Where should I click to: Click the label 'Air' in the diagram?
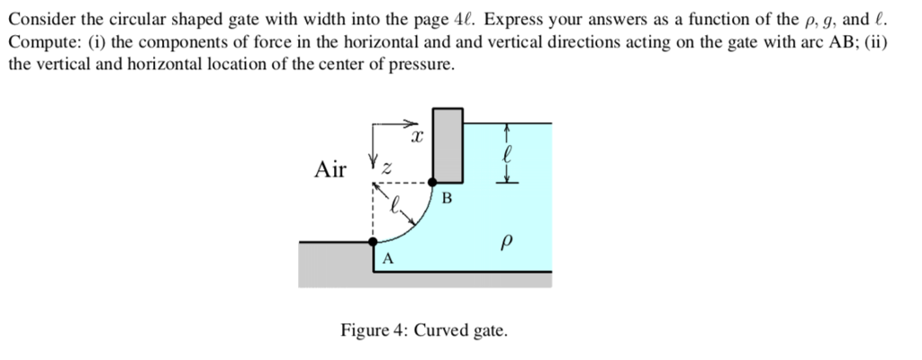(330, 168)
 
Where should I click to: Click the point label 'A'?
(388, 259)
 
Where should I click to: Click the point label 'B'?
(448, 196)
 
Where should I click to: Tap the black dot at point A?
(374, 242)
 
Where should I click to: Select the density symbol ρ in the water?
(508, 243)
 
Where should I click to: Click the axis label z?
(388, 168)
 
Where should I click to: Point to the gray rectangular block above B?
(447, 144)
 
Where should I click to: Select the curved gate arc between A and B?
(415, 224)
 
